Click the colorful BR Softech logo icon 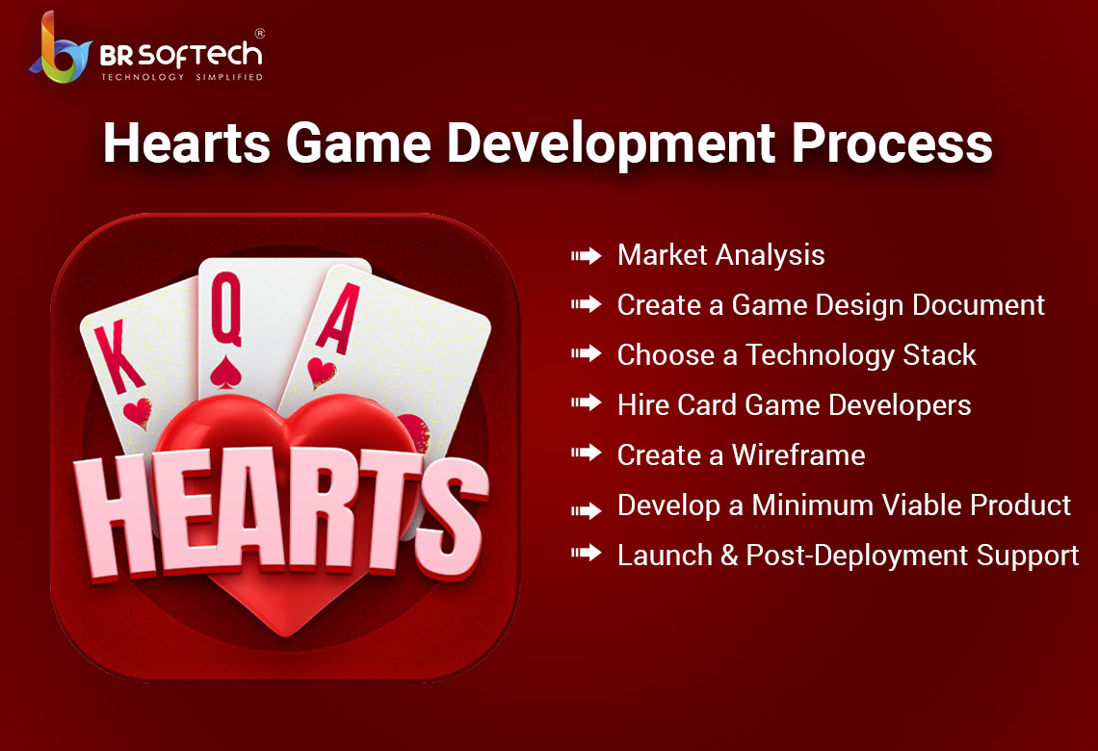tap(61, 49)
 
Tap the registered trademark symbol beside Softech tap(260, 33)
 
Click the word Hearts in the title tap(187, 142)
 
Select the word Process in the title tap(892, 142)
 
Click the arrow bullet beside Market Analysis tap(587, 255)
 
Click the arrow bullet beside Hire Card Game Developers tap(587, 402)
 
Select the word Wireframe tap(798, 455)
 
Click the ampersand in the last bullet tap(729, 556)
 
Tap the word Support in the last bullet tap(1028, 557)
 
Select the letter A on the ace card tap(339, 319)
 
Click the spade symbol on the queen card tap(225, 373)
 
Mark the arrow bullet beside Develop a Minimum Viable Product tap(587, 511)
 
